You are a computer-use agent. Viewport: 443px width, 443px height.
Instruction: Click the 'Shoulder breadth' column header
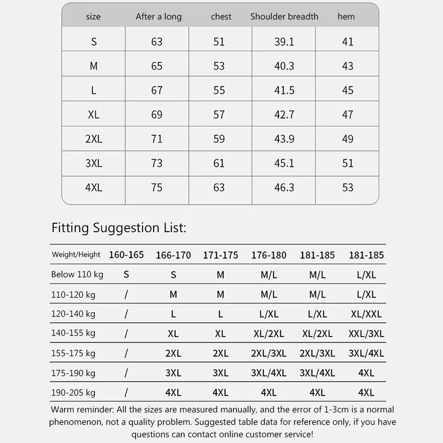(x=284, y=17)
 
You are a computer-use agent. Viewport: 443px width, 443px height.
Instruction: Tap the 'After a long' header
(x=159, y=17)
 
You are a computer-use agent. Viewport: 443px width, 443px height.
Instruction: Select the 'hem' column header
(x=346, y=17)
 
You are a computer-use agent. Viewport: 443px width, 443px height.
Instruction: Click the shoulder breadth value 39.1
(x=284, y=42)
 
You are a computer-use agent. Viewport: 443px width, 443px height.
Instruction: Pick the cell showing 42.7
(x=284, y=115)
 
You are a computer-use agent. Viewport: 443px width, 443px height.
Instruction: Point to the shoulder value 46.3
(x=284, y=187)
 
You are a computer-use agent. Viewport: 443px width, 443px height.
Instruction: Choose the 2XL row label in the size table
(x=93, y=139)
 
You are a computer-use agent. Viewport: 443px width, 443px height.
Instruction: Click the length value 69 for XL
(x=157, y=115)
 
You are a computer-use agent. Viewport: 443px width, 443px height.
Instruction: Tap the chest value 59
(x=219, y=139)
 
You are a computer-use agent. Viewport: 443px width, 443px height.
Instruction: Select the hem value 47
(x=348, y=115)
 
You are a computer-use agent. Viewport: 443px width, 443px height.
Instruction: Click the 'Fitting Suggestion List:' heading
(x=119, y=228)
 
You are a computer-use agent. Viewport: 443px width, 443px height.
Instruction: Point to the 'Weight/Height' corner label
(x=76, y=255)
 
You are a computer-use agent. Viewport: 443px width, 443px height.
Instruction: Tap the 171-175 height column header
(x=220, y=255)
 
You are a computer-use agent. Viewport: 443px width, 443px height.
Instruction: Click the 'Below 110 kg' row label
(x=77, y=275)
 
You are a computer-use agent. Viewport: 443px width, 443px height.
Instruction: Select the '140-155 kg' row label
(x=73, y=333)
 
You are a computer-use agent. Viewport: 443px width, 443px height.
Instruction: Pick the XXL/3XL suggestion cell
(x=366, y=334)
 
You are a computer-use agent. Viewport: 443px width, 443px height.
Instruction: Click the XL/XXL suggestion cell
(x=366, y=314)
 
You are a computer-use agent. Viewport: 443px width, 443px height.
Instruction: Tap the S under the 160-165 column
(x=126, y=275)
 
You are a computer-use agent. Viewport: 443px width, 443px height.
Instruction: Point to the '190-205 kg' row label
(x=73, y=392)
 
